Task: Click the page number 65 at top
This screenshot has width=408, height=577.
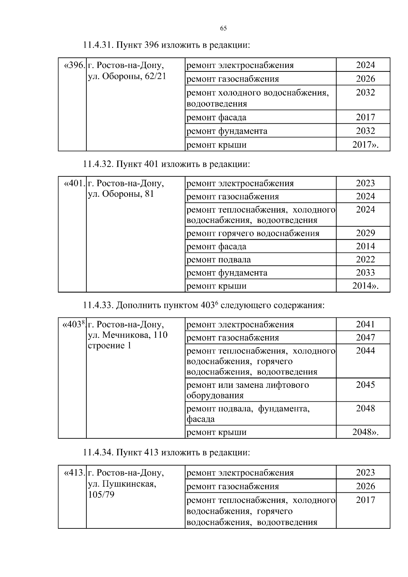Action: (223, 28)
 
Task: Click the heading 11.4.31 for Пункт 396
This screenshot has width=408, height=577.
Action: (166, 45)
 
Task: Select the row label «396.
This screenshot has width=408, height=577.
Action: (74, 65)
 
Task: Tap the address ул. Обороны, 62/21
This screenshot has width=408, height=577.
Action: (127, 76)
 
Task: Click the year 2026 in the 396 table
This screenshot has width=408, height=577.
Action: (365, 79)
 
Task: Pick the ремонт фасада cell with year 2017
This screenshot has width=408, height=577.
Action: (217, 118)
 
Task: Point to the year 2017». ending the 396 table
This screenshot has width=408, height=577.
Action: (365, 145)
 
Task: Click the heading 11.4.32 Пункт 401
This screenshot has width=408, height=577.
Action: (166, 164)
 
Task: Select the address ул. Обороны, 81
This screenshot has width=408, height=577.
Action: (121, 194)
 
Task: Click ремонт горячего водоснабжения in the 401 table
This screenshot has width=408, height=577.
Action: (253, 233)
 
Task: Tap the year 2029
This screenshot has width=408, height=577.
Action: (365, 233)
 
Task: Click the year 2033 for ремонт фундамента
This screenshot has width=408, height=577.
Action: (365, 273)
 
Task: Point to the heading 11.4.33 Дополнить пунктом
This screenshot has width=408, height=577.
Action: (203, 305)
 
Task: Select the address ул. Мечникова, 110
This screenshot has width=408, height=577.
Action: (128, 335)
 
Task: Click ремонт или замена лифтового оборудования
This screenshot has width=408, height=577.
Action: (248, 390)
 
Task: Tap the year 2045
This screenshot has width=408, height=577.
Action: (365, 385)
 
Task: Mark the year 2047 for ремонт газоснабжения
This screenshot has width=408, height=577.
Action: (365, 338)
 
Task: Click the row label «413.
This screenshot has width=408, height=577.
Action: (74, 473)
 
